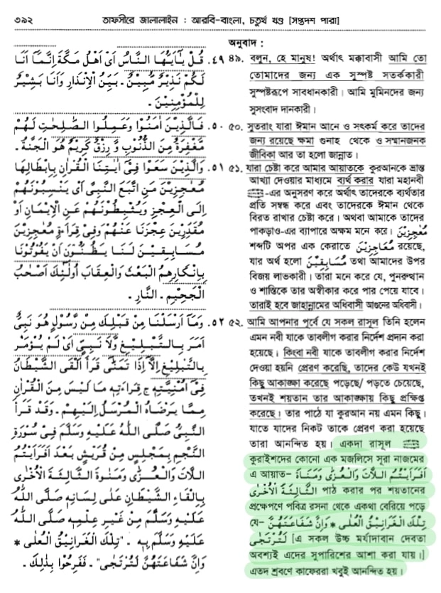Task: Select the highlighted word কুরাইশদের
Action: point(268,459)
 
